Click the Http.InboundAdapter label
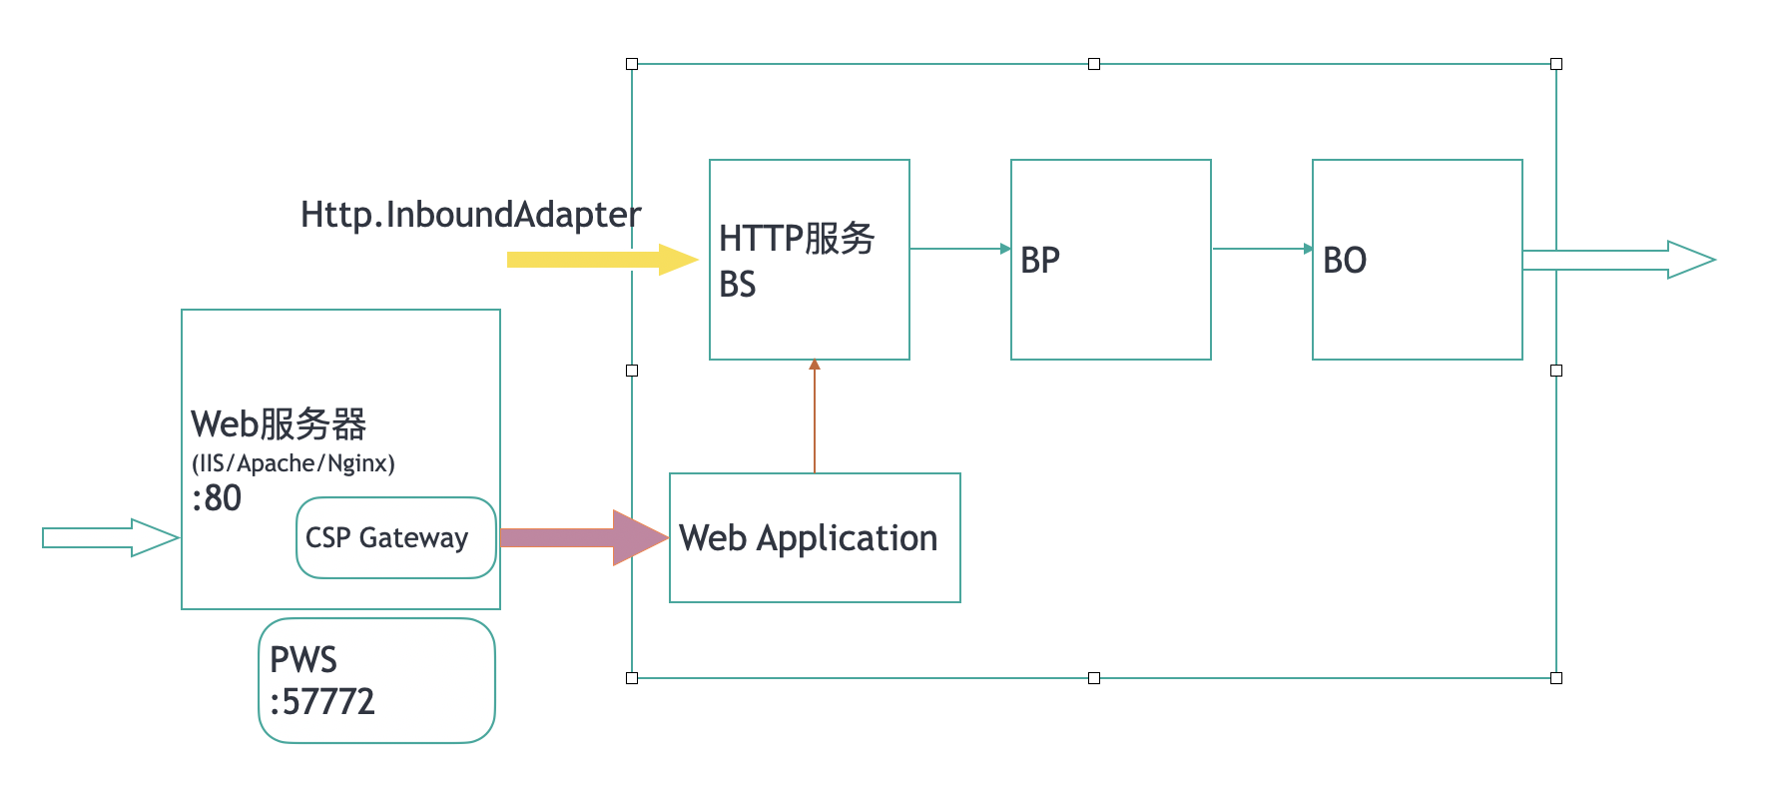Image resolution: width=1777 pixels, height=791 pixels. click(x=470, y=215)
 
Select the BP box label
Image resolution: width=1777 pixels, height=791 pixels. click(x=1040, y=261)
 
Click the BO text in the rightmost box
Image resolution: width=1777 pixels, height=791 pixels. click(x=1345, y=261)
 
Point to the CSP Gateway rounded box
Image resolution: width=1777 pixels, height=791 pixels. click(x=395, y=538)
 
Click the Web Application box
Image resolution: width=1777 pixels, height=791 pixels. click(x=814, y=538)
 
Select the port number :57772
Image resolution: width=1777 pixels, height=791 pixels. click(x=322, y=702)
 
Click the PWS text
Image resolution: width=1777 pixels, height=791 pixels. click(x=303, y=660)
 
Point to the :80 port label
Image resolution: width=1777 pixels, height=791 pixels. click(x=217, y=498)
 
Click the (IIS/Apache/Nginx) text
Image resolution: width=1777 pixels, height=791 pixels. click(x=294, y=463)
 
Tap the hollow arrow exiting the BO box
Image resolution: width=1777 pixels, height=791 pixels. click(x=1617, y=260)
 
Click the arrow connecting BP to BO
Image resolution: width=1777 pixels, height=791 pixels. click(x=1262, y=249)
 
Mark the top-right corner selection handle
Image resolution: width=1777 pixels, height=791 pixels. click(x=1556, y=64)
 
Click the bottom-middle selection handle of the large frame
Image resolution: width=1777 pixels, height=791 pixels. click(x=1094, y=678)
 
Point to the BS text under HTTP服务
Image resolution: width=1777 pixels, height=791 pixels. click(x=738, y=285)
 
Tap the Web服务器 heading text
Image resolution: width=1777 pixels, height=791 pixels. click(x=279, y=424)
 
